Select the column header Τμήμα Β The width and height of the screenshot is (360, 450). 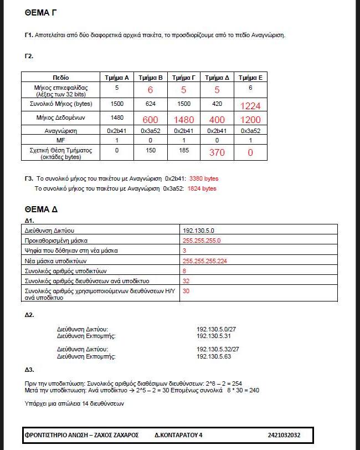(150, 78)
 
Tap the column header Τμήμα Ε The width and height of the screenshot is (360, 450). (250, 78)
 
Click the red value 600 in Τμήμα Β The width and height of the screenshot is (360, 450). (151, 120)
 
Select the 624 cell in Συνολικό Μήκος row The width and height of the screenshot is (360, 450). (150, 104)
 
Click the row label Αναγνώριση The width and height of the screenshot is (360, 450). (61, 131)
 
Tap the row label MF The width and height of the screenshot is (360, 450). (61, 141)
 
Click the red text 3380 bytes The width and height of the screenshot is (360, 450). (204, 178)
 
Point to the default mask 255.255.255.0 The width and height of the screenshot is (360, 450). (202, 241)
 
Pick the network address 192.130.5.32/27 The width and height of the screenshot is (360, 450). (218, 349)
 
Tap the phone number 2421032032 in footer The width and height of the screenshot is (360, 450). (284, 435)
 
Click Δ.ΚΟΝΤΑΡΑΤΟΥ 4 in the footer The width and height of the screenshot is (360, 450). (178, 435)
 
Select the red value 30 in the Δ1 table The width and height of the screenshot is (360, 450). (186, 291)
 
